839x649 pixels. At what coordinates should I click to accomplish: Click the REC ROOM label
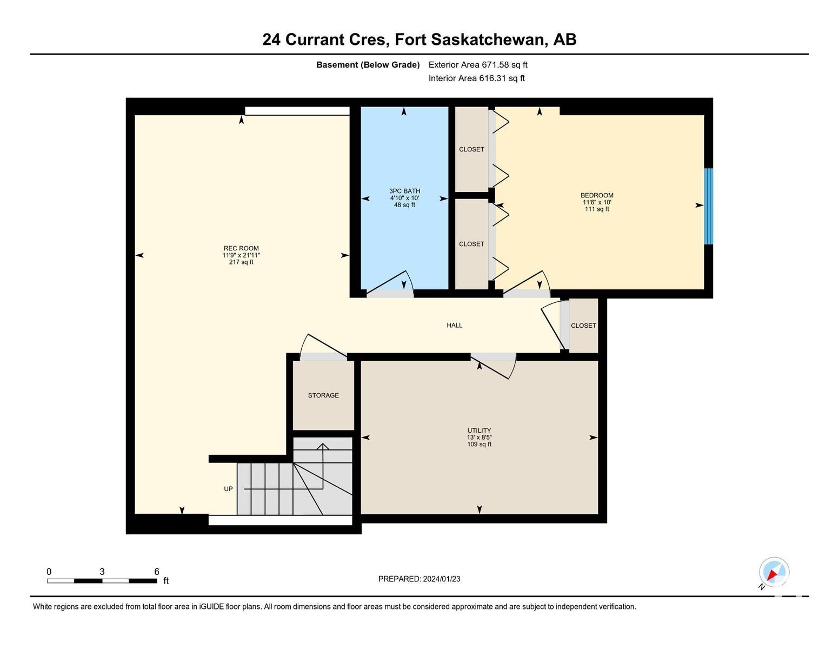(x=241, y=248)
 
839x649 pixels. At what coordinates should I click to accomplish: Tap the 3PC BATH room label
(x=404, y=191)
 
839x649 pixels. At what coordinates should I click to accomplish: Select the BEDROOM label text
(x=596, y=195)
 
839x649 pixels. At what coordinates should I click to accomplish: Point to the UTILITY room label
(x=479, y=430)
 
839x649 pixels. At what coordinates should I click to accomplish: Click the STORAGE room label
(x=323, y=395)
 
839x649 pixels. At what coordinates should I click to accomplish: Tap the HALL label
(x=454, y=325)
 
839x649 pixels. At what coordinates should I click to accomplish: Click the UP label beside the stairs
(x=228, y=489)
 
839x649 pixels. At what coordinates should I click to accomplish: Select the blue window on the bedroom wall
(x=708, y=206)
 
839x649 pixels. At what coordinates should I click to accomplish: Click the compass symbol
(x=774, y=573)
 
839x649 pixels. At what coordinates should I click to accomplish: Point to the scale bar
(x=102, y=581)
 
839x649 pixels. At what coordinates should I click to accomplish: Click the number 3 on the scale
(x=102, y=572)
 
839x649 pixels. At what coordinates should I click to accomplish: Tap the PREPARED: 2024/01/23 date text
(x=419, y=579)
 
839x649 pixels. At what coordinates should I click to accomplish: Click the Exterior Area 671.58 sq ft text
(x=477, y=65)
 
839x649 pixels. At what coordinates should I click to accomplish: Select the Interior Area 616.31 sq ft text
(x=476, y=78)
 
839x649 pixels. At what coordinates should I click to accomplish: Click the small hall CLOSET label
(x=583, y=326)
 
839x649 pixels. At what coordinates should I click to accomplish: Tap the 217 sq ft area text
(x=241, y=262)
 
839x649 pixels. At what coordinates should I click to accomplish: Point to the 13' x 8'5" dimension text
(x=479, y=437)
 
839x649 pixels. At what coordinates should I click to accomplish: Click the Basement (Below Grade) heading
(x=368, y=65)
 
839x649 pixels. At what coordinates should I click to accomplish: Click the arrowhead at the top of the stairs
(x=323, y=446)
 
